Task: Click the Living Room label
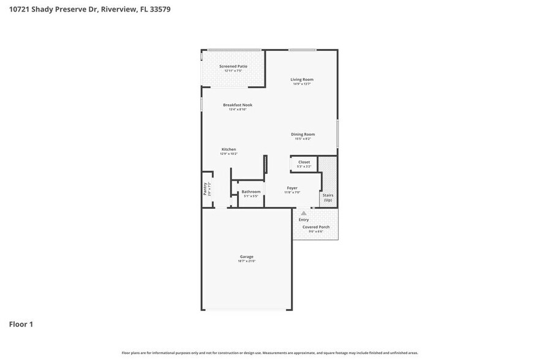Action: pyautogui.click(x=302, y=80)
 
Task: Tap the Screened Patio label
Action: pyautogui.click(x=233, y=66)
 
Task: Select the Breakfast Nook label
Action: pyautogui.click(x=238, y=105)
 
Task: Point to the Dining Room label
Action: pyautogui.click(x=302, y=134)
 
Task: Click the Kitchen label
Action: pyautogui.click(x=229, y=149)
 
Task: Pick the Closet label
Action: pyautogui.click(x=304, y=162)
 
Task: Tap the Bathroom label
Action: pyautogui.click(x=251, y=192)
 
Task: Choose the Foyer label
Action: pyautogui.click(x=292, y=188)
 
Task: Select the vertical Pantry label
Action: pyautogui.click(x=205, y=189)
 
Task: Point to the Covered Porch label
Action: pyautogui.click(x=316, y=227)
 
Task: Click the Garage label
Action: pyautogui.click(x=246, y=257)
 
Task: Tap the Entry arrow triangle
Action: pyautogui.click(x=304, y=213)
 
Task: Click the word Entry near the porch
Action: pyautogui.click(x=304, y=220)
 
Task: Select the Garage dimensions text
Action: pyautogui.click(x=246, y=261)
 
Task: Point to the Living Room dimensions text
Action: pyautogui.click(x=302, y=84)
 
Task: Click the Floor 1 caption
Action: pyautogui.click(x=21, y=324)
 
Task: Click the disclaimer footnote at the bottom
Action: pyautogui.click(x=270, y=353)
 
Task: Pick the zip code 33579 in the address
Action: pyautogui.click(x=161, y=9)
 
